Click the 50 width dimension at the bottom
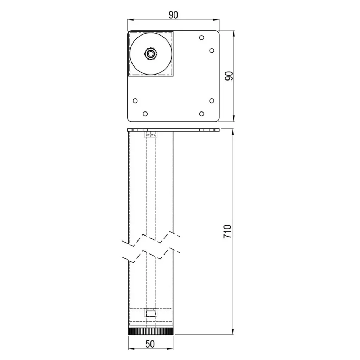pyautogui.click(x=150, y=344)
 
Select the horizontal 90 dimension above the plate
pyautogui.click(x=173, y=15)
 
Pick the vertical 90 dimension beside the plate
pyautogui.click(x=229, y=76)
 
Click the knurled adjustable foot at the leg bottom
pyautogui.click(x=150, y=332)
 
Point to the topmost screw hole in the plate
pyautogui.click(x=201, y=37)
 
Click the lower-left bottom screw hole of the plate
pyautogui.click(x=145, y=114)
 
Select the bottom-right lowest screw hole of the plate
pyautogui.click(x=201, y=114)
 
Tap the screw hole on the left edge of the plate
pyautogui.click(x=135, y=101)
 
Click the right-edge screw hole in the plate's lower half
pyautogui.click(x=212, y=101)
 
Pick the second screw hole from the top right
pyautogui.click(x=212, y=50)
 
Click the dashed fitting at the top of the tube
pyautogui.click(x=150, y=134)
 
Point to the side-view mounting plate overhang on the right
pyautogui.click(x=197, y=130)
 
